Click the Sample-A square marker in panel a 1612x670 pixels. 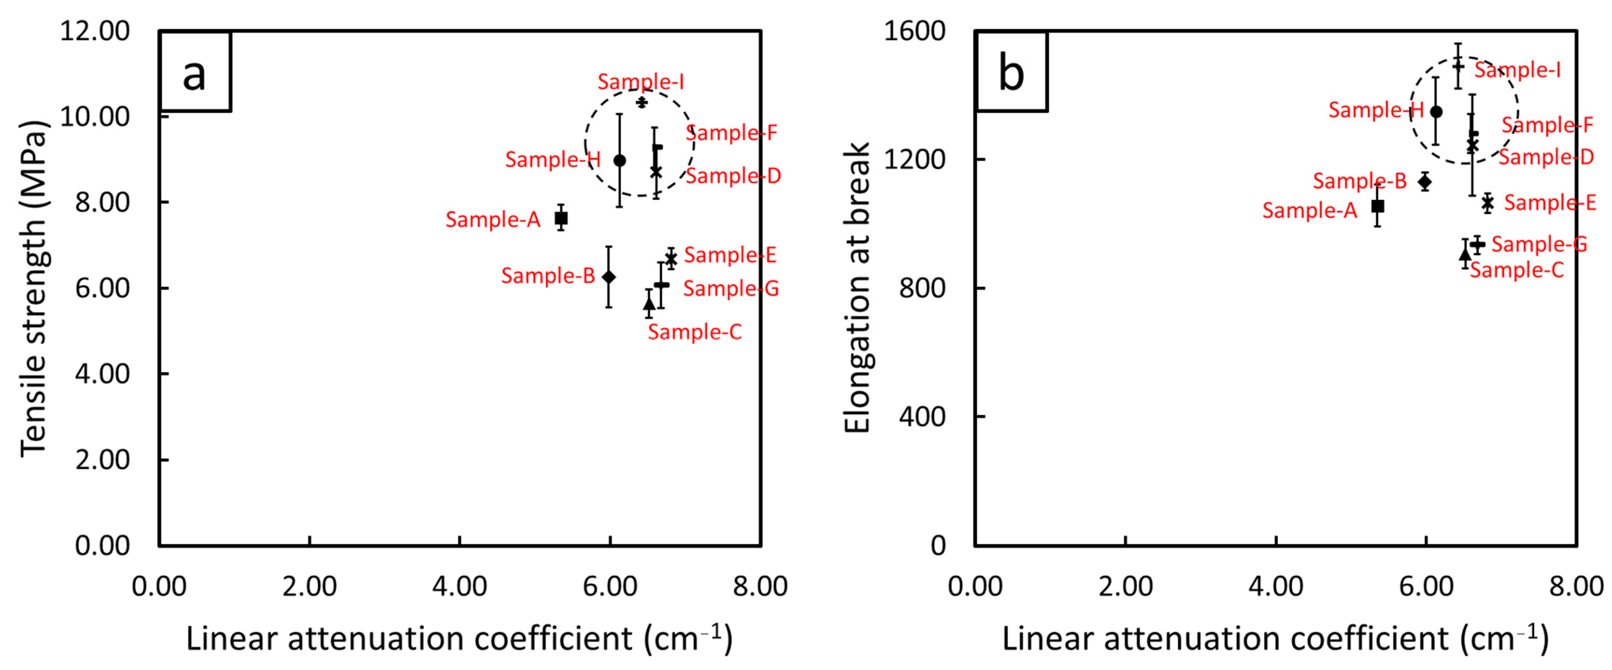(x=561, y=218)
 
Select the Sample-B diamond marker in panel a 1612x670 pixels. (x=608, y=277)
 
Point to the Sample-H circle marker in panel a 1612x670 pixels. (x=619, y=160)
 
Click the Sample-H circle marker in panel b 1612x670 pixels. (x=1436, y=112)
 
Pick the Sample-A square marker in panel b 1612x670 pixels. (x=1377, y=206)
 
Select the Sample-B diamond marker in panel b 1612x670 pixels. (x=1425, y=182)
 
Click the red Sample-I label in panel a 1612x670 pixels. (x=640, y=82)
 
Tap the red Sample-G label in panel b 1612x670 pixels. (x=1539, y=244)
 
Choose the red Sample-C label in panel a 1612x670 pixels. (x=694, y=332)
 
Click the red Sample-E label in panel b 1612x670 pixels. (x=1549, y=203)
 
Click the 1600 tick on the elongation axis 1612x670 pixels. (x=914, y=31)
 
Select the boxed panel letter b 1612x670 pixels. (x=1011, y=73)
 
